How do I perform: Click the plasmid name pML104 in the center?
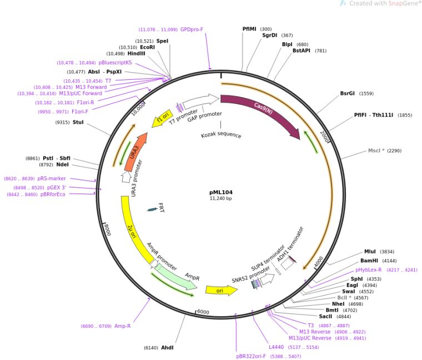221,192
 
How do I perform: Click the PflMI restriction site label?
249,29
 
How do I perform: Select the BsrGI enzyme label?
348,93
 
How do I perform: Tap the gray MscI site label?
376,150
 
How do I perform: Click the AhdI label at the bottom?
167,348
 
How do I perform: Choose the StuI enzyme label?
78,122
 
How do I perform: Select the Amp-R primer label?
122,326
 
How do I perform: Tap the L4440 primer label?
275,347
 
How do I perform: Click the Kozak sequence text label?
221,135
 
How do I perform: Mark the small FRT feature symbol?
153,209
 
